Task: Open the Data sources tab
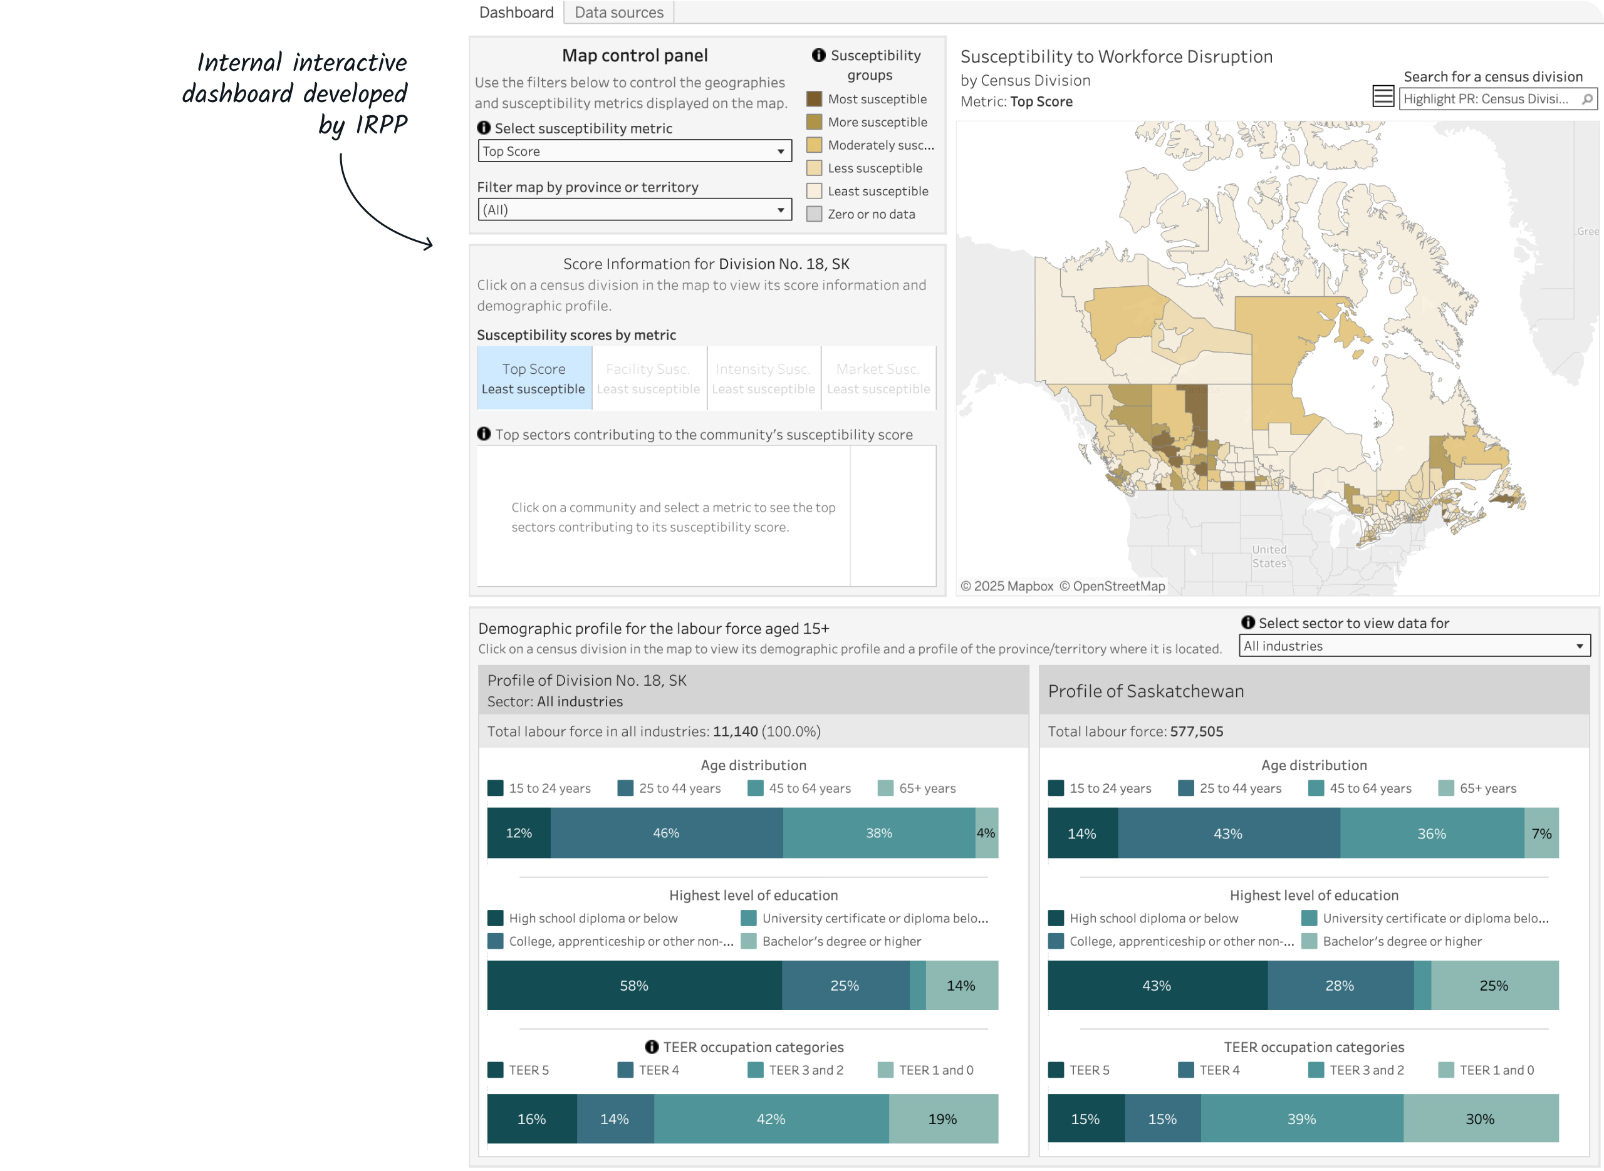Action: (x=618, y=13)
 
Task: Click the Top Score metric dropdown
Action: (x=634, y=151)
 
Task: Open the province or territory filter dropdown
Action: (x=634, y=210)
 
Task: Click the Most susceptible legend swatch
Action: (x=814, y=99)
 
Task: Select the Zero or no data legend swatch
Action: (x=814, y=214)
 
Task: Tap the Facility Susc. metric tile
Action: (x=648, y=378)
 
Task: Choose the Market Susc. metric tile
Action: (x=878, y=378)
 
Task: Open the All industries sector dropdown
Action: (x=1414, y=646)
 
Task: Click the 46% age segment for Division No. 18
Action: (x=666, y=833)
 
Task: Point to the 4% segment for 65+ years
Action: (x=986, y=833)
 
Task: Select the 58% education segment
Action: (x=634, y=985)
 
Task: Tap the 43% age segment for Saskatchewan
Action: (x=1227, y=833)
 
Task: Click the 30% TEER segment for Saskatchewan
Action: (x=1480, y=1118)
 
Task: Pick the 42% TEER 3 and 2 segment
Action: (x=771, y=1118)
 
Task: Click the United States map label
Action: (x=1269, y=557)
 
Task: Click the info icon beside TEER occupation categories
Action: (x=652, y=1047)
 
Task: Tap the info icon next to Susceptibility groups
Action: (x=818, y=55)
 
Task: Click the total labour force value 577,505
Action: (x=1196, y=731)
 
